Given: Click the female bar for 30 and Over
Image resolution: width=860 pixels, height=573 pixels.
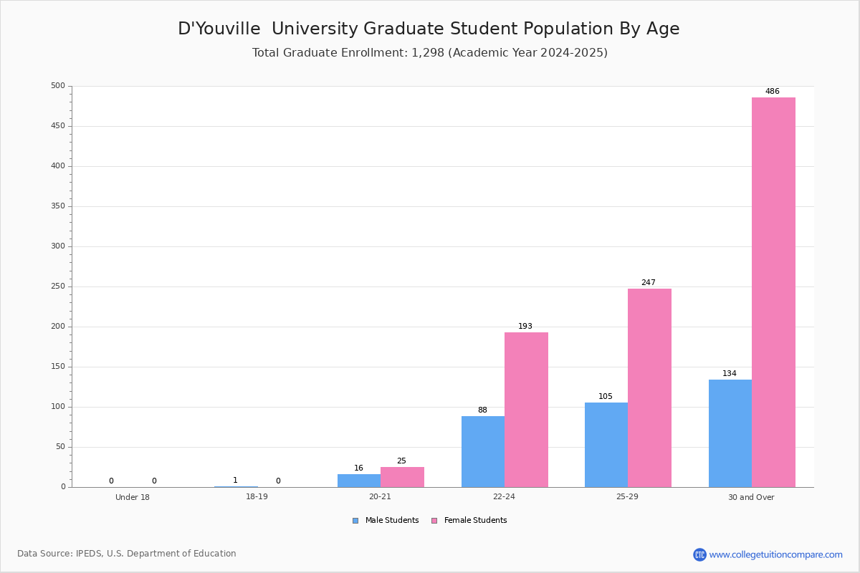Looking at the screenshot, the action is point(773,292).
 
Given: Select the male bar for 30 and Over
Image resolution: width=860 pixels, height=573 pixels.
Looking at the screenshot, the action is point(730,433).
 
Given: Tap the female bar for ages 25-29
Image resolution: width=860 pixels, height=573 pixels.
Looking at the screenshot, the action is point(649,388).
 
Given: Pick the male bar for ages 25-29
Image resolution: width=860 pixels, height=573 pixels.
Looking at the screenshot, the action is point(606,445).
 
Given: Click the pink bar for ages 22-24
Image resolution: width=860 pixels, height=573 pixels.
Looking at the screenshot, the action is point(526,410).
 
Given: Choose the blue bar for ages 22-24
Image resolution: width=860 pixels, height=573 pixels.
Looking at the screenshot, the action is point(483,452).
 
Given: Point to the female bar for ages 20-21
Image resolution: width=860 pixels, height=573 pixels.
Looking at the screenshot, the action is point(402,477).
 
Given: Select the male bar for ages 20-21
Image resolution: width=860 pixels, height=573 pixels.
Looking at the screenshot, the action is point(359,481).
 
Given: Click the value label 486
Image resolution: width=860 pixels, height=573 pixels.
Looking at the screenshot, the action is point(772,92).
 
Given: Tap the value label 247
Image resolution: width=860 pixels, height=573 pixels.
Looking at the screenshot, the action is point(649,282).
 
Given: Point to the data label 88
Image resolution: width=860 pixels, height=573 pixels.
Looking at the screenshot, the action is point(482,410).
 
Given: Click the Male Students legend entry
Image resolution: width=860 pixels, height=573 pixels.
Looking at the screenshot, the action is point(386,521).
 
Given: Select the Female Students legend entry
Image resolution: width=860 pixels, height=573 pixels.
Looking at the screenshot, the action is point(469,521).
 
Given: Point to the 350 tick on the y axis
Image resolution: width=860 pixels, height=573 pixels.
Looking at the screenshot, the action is point(58,206).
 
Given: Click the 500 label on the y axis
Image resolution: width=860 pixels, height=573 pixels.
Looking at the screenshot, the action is point(58,85).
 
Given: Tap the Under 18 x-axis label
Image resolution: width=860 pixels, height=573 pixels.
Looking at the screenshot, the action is point(133,497).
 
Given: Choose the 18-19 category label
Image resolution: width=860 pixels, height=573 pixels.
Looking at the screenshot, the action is point(257,496).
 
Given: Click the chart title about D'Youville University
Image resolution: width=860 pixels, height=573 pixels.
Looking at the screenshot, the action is point(429,29).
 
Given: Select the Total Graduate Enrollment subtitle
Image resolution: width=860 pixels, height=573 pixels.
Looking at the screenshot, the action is point(429,52).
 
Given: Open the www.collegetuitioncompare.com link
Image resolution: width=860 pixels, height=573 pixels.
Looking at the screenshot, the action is point(775,554).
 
